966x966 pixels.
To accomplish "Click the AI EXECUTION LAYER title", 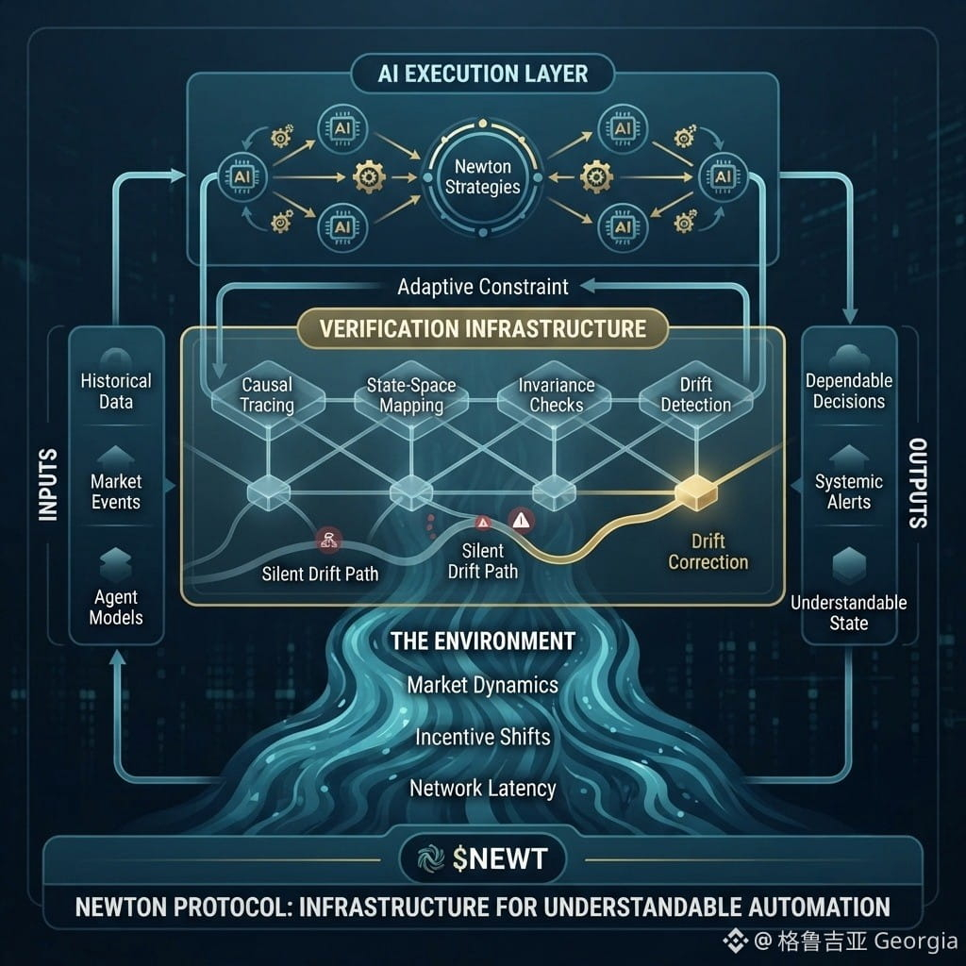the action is [x=482, y=74].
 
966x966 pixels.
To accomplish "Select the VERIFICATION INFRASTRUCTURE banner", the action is [x=482, y=328].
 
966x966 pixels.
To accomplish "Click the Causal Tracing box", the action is [x=267, y=395].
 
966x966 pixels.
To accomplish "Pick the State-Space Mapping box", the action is [x=411, y=395].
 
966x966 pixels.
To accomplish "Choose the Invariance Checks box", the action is [x=556, y=395].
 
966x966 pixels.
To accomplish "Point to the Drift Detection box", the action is [x=696, y=395].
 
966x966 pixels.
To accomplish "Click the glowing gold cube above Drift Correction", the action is [x=697, y=492].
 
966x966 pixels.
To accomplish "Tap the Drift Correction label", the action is [x=708, y=552].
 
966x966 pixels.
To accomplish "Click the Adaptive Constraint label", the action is [x=482, y=287].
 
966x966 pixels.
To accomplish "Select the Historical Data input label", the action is [x=116, y=391].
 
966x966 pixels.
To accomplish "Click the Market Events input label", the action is [x=116, y=491].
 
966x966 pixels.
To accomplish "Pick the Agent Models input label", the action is [x=116, y=607].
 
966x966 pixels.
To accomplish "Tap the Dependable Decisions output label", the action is [x=849, y=391].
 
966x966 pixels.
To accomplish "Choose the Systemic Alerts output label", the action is [x=849, y=491].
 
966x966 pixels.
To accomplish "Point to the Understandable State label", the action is [x=849, y=613].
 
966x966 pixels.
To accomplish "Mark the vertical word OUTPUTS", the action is [x=918, y=484].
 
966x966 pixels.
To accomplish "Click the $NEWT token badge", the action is [x=482, y=858].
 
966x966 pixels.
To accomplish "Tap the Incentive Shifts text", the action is [x=482, y=738].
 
